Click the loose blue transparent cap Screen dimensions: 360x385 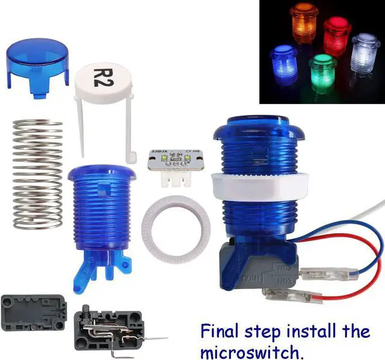click(x=37, y=59)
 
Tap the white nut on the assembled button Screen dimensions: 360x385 click(x=259, y=186)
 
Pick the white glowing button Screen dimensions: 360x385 click(x=366, y=53)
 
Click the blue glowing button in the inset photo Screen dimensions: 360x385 click(x=284, y=63)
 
